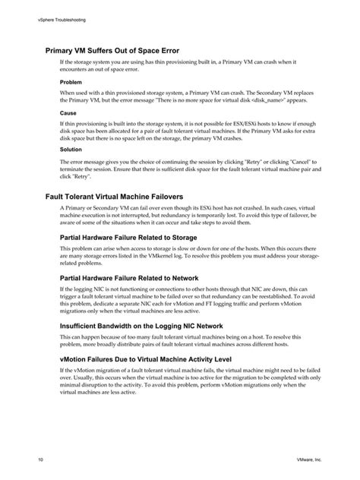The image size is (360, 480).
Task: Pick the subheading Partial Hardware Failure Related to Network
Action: [128, 277]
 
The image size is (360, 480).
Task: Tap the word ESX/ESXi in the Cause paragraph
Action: [238, 123]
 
